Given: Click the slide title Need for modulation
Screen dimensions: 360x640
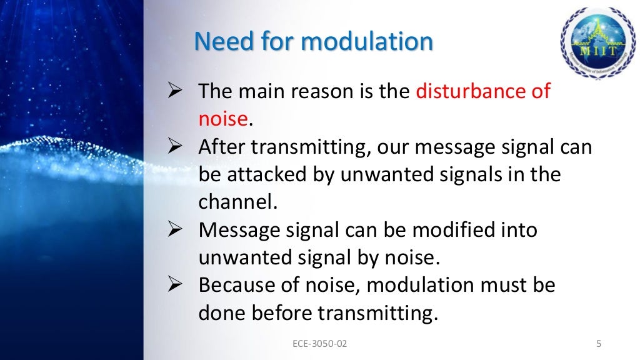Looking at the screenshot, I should (x=313, y=42).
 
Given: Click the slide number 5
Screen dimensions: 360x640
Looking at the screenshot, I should (x=599, y=343).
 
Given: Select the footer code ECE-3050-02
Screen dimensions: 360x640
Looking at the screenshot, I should (x=319, y=343).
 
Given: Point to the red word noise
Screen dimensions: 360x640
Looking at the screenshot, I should (x=223, y=119).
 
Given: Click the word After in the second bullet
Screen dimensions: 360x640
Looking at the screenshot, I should (x=219, y=147).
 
